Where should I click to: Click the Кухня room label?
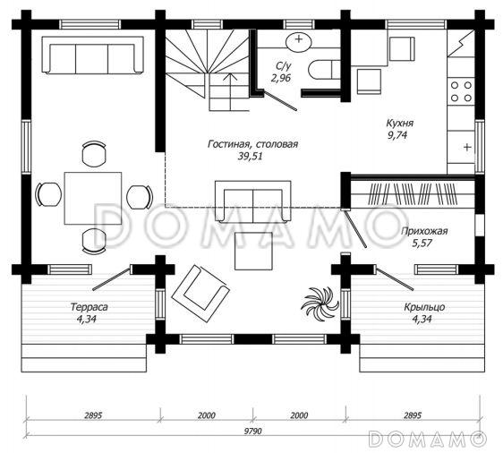400,124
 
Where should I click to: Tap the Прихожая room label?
424,231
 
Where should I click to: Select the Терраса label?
89,307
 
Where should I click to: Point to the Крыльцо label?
424,307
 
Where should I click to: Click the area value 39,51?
250,157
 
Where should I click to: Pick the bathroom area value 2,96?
281,78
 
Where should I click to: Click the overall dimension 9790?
253,431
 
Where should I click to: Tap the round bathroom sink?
299,41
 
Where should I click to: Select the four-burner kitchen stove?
461,90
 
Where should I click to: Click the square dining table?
93,198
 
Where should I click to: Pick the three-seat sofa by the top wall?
92,55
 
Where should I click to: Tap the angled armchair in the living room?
200,287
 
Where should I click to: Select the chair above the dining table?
94,153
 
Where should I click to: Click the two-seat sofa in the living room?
252,201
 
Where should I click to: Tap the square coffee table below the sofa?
253,251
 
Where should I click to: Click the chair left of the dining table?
48,194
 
